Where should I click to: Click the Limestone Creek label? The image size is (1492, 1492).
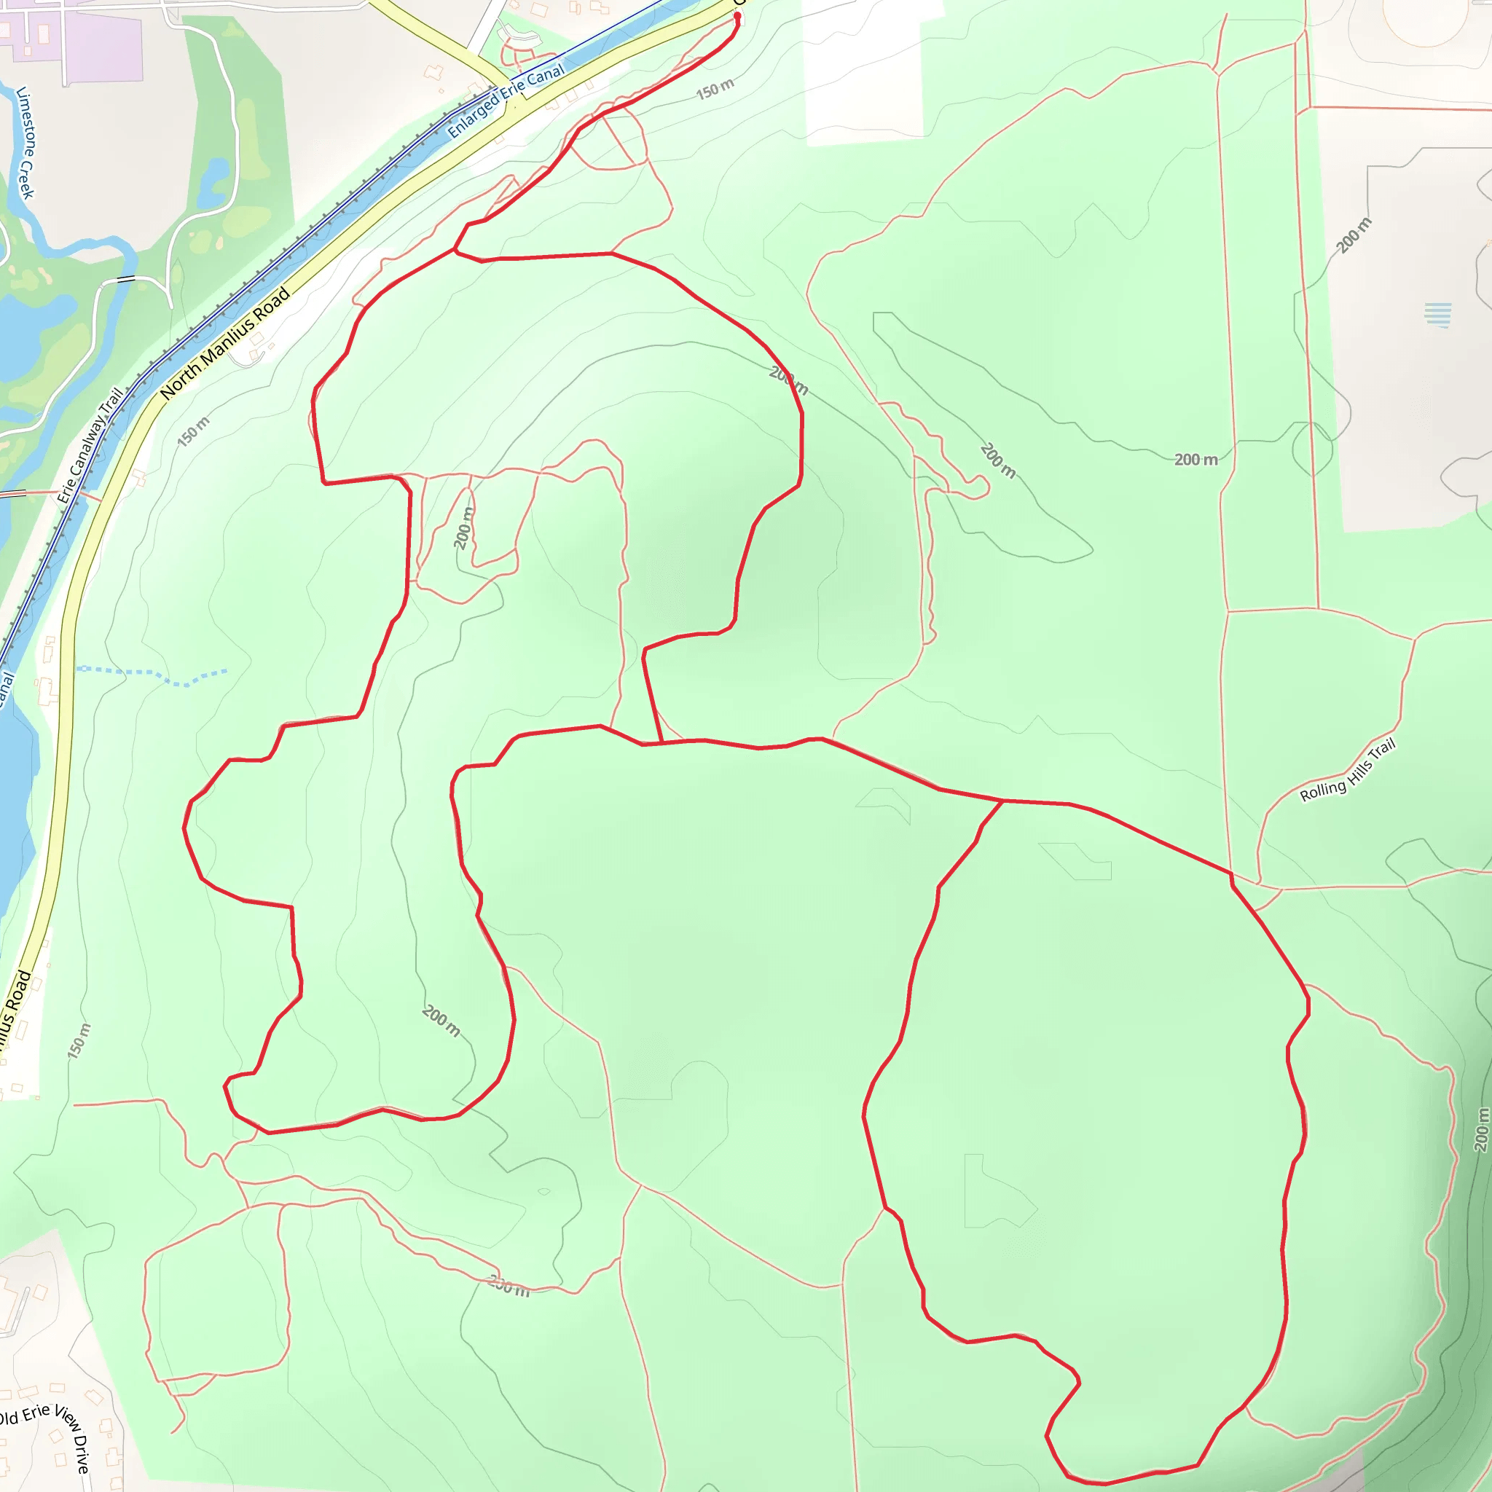25,144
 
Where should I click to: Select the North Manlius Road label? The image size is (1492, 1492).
226,343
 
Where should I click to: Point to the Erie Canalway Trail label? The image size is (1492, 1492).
90,447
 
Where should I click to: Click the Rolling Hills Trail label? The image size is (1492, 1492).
1348,770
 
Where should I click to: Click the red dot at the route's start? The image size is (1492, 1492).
737,15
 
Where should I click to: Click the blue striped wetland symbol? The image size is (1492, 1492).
1437,314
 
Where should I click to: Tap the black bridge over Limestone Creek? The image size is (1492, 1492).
126,279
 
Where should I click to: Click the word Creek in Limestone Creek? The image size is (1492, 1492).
28,178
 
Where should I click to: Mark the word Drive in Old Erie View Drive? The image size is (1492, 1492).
82,1455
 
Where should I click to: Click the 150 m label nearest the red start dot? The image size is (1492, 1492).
715,90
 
